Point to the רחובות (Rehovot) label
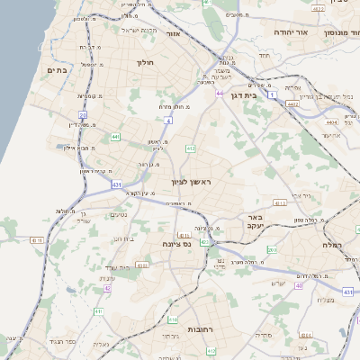199,330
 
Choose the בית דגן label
264,94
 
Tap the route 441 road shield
116,137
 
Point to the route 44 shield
220,92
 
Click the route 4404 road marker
331,121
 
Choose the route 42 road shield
108,289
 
